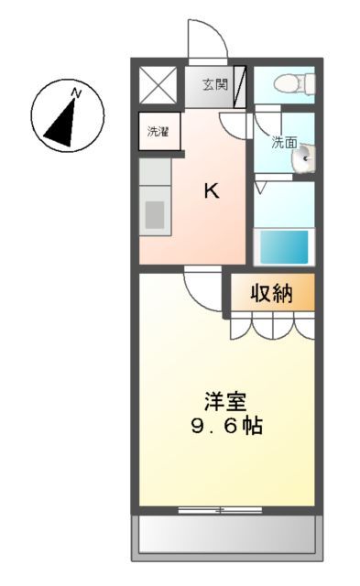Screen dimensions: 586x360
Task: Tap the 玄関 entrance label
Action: (214, 85)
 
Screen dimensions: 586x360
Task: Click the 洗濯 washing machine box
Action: (158, 131)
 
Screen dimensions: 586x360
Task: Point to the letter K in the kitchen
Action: (211, 190)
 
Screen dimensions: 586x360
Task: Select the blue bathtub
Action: (283, 245)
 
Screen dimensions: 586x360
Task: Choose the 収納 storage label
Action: (271, 293)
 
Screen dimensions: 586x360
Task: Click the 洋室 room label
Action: (224, 401)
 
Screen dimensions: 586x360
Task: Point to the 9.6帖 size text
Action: (224, 426)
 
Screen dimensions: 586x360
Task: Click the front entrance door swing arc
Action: (207, 40)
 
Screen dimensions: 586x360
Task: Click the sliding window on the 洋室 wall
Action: (219, 508)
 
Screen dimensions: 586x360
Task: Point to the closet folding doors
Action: (271, 325)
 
